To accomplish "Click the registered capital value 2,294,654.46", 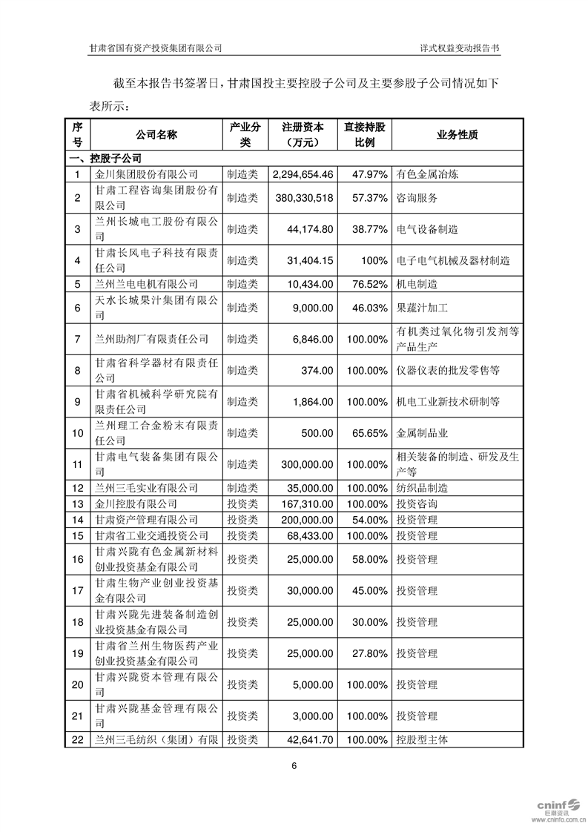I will tap(303, 174).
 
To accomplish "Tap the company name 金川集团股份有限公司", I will tap(147, 174).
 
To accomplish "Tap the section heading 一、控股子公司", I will tap(105, 158).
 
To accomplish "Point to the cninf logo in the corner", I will tap(552, 807).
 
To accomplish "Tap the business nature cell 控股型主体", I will tap(422, 739).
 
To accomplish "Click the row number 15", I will tap(77, 535).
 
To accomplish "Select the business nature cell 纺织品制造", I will tap(422, 488).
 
